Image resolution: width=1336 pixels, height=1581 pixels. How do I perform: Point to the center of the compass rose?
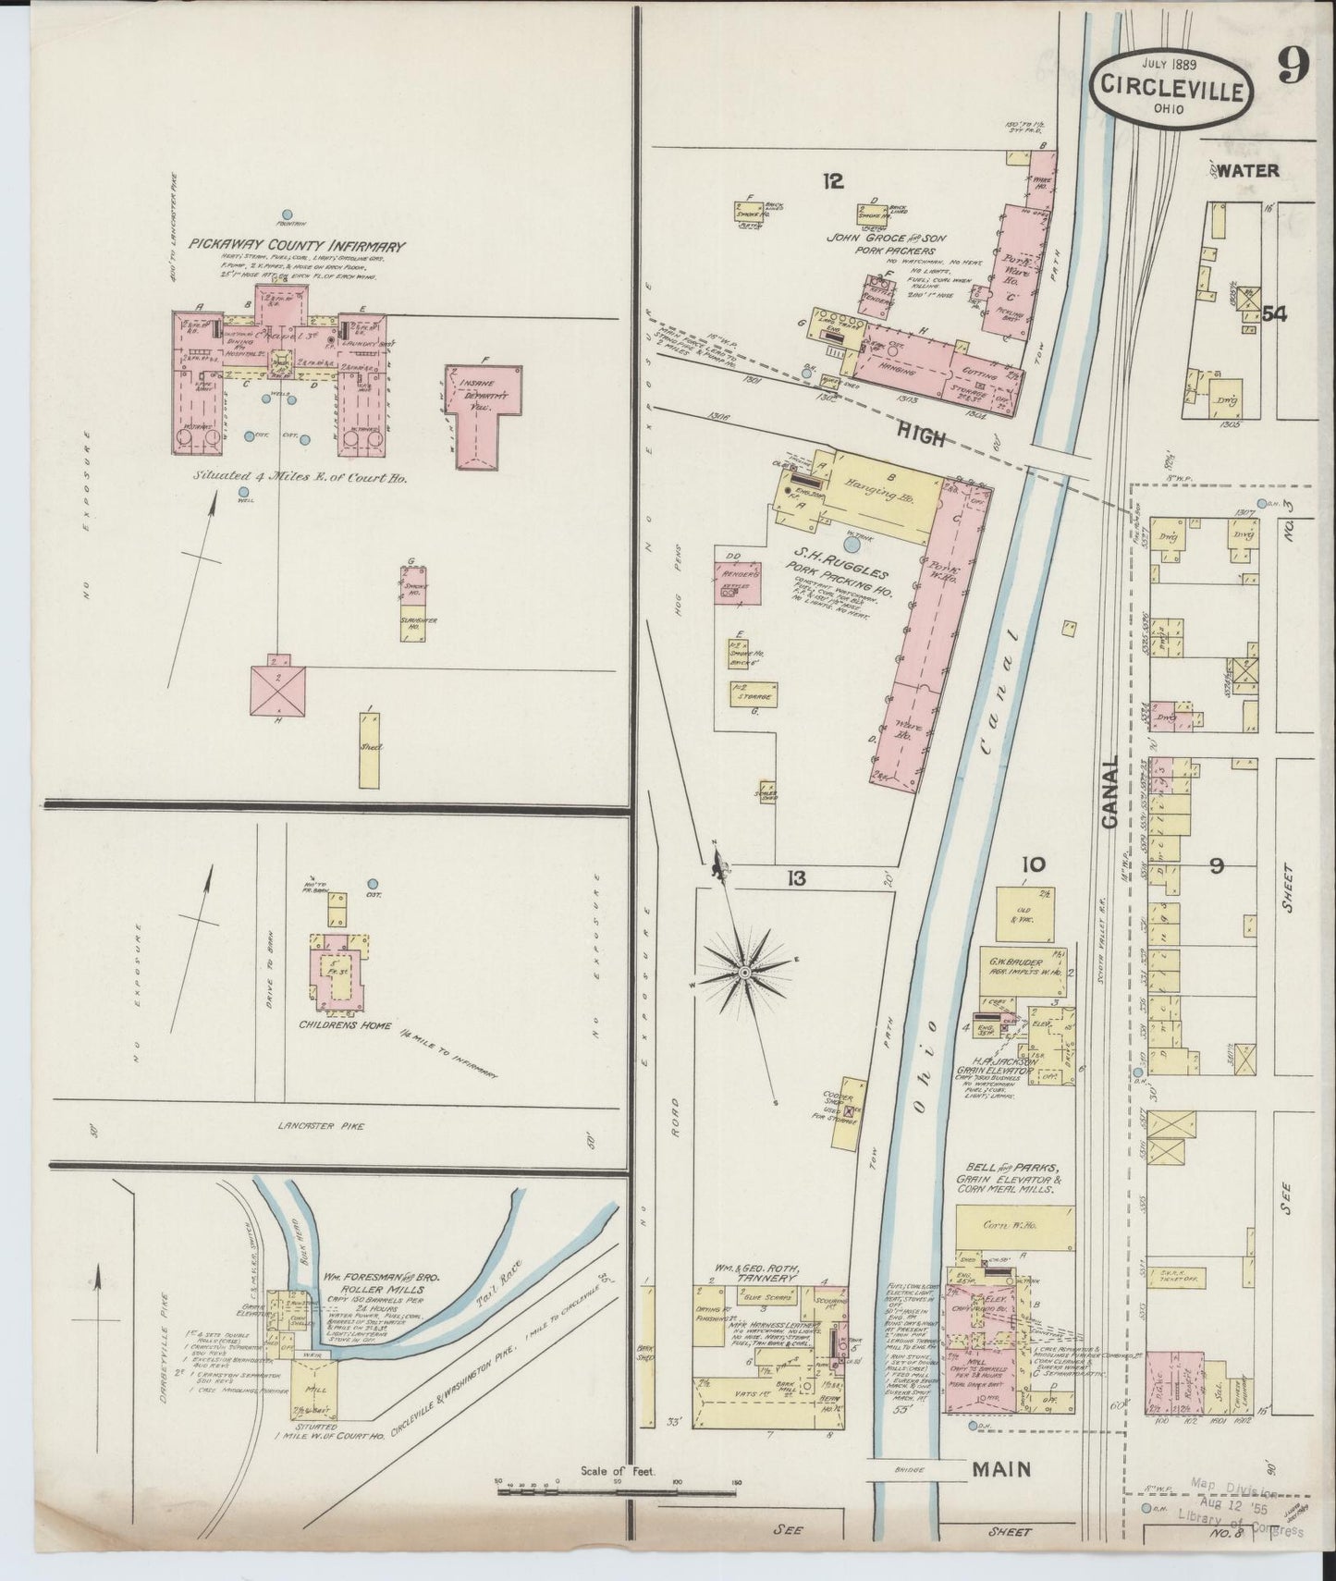(x=743, y=973)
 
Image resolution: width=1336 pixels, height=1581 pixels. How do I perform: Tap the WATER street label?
(x=1248, y=170)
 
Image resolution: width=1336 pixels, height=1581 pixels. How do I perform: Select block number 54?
(x=1275, y=314)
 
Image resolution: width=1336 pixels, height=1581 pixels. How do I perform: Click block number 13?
(x=796, y=878)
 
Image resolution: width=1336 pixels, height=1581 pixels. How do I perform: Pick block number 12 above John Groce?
(x=834, y=182)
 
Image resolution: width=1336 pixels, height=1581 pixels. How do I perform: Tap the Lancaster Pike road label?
(x=322, y=1125)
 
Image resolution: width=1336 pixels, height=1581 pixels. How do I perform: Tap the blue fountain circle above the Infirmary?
(x=288, y=214)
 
